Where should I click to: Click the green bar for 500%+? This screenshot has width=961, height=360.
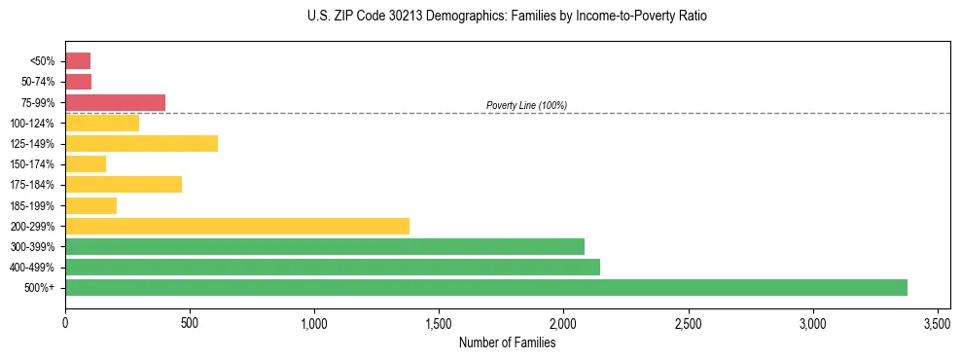coord(486,287)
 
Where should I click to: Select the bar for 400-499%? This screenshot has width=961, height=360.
coord(333,267)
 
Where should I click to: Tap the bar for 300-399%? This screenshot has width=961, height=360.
coord(325,246)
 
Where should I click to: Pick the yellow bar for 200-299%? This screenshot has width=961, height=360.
coord(237,226)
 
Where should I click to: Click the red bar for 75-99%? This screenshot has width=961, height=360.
coord(115,102)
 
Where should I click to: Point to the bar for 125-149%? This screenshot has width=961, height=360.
coord(141,143)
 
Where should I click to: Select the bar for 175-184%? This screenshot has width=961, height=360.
coord(124,184)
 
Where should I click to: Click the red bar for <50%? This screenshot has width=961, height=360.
coord(78,60)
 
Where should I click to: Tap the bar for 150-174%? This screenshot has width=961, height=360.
coord(86,163)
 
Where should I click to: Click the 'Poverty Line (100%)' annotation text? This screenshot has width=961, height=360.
coord(526,105)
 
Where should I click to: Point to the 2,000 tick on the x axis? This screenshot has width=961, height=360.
coord(563,322)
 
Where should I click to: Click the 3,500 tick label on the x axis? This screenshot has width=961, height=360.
coord(937,322)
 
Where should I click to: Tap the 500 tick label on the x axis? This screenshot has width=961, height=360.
coord(190,322)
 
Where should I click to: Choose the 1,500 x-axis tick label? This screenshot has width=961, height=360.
coord(439,322)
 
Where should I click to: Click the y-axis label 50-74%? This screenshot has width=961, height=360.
coord(38,82)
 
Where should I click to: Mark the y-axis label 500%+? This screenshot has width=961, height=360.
coord(41,288)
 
